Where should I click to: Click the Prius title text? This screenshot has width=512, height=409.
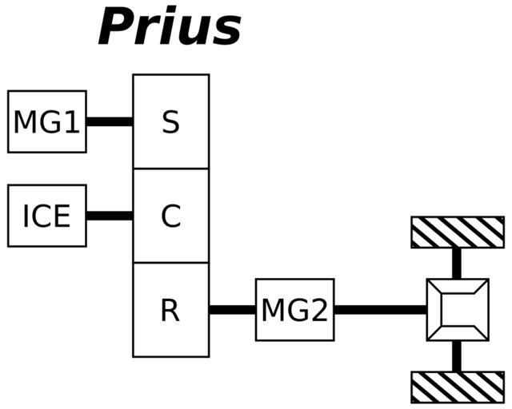tap(170, 27)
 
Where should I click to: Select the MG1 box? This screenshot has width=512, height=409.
tap(46, 121)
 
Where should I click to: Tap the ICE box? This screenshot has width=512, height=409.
tap(46, 215)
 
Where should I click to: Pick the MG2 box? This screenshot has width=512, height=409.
tap(294, 310)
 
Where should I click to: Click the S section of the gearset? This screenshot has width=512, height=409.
tap(170, 121)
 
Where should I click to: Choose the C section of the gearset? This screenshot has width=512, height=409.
tap(170, 216)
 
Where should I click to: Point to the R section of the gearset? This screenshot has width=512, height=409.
tap(170, 310)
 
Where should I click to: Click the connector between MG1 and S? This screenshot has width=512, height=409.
tap(110, 121)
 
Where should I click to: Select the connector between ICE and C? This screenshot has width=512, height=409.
tap(110, 216)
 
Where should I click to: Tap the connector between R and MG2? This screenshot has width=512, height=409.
tap(232, 310)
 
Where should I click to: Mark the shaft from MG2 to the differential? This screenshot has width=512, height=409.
tap(380, 310)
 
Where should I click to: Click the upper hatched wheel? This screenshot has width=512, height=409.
tap(457, 232)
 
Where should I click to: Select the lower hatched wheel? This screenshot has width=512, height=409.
tap(457, 387)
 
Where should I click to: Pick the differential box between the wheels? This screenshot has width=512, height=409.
tap(457, 310)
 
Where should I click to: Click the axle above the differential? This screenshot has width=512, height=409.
tap(457, 263)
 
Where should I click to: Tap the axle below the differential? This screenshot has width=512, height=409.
tap(457, 356)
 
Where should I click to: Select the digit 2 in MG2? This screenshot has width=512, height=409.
tap(318, 311)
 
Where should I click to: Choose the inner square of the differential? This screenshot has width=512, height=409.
tap(457, 310)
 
